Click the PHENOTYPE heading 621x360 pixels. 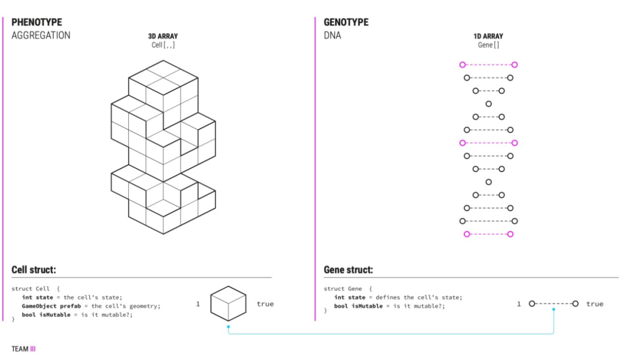[37, 22]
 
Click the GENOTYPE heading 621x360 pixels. [346, 22]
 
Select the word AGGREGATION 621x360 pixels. [41, 36]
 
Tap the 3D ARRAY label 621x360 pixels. [163, 36]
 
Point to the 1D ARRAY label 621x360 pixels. [488, 36]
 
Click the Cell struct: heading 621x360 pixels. [33, 270]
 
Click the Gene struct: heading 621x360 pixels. [348, 270]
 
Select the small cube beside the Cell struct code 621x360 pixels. [228, 303]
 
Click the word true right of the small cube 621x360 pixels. [265, 304]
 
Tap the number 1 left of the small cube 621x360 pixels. [198, 304]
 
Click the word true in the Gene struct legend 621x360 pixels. [595, 304]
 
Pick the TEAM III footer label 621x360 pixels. [24, 348]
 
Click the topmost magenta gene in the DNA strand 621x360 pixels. [488, 65]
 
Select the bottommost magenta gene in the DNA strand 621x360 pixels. [488, 234]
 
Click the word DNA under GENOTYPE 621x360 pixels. [332, 36]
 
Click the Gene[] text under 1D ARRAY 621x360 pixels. [488, 45]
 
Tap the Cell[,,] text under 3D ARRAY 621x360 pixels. [163, 45]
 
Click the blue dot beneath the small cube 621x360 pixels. [228, 327]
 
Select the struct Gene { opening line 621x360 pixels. [348, 288]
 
